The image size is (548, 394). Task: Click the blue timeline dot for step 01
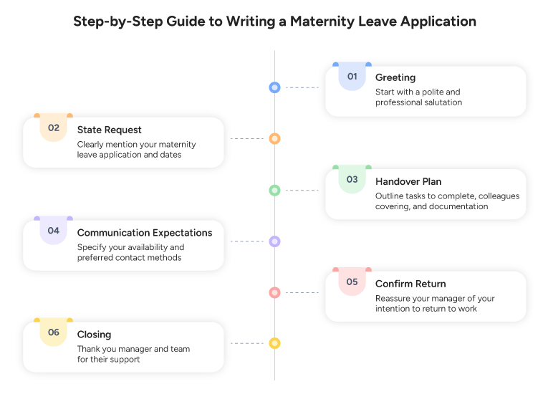point(274,87)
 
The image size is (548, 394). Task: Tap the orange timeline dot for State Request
point(274,138)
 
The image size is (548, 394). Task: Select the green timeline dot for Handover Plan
point(274,191)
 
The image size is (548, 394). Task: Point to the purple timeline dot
point(274,241)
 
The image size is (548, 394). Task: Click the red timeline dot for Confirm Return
point(274,292)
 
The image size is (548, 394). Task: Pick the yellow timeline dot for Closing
point(274,343)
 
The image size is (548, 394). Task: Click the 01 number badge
point(352,77)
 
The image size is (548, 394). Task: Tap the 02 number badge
point(54,128)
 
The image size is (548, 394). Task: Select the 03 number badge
point(352,180)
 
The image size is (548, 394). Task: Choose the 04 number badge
point(54,231)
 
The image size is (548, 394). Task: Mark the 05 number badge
point(352,282)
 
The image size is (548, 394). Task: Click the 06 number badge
point(54,332)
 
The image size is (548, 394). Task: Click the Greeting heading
point(395,77)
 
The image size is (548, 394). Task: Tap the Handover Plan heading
point(408,181)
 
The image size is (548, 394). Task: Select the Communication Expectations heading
point(145,233)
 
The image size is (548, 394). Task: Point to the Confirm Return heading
point(410,284)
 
